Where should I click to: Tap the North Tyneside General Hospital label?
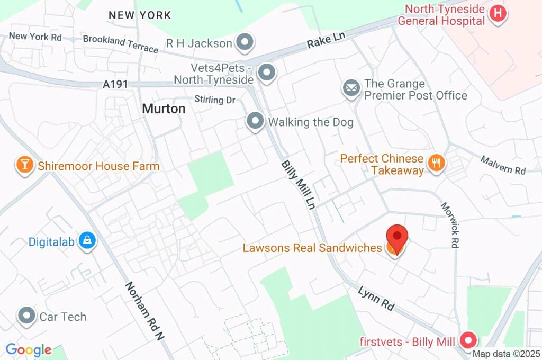445,15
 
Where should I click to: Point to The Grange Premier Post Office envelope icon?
351,88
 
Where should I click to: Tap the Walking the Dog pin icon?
256,122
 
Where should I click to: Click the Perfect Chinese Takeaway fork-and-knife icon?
436,163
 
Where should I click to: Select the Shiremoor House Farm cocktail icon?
24,166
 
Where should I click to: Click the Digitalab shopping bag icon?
86,241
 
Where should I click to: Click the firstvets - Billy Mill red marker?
468,340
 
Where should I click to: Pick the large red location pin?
397,237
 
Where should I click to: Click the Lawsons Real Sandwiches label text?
312,248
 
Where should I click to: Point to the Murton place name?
164,109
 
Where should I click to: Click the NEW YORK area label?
140,15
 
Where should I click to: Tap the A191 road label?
115,84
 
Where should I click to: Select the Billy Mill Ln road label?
298,184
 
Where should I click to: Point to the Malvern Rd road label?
503,165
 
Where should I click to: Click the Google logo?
29,350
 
